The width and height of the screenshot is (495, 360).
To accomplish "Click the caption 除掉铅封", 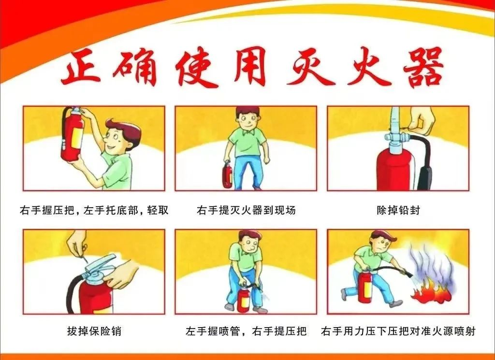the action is point(398,210).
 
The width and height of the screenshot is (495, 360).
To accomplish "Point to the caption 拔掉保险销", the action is point(94,331).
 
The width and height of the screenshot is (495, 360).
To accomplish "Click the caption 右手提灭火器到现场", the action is point(246,210).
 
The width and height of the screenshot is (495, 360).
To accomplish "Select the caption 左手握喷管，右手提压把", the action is point(246,331).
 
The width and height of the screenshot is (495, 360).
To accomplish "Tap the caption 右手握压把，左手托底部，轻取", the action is point(94,210).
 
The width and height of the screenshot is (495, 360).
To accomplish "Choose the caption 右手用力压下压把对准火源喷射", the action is point(398,331).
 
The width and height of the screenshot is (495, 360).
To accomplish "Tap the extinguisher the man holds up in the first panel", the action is point(73,134).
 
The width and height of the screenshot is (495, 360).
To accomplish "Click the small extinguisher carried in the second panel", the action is point(227,174).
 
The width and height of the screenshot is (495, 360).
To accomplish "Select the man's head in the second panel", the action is point(248,118).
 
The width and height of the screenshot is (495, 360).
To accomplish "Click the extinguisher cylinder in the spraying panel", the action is point(365,287).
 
